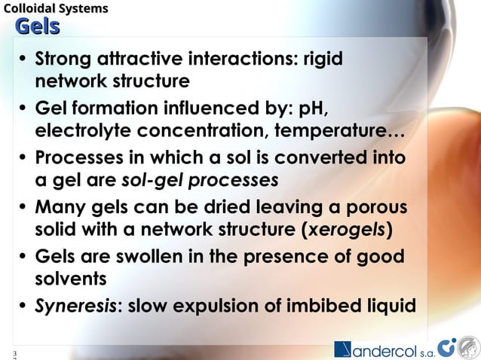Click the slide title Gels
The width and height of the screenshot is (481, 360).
click(x=37, y=28)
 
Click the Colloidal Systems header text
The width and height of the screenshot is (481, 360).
click(x=55, y=8)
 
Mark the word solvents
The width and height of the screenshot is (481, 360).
click(x=71, y=279)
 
